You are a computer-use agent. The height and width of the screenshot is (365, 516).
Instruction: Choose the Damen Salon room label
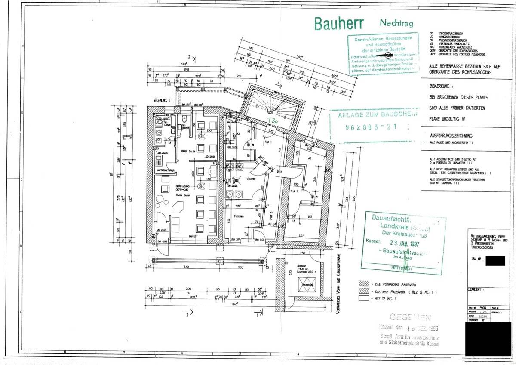[181, 195]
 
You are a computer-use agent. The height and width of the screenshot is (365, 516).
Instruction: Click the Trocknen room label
[240, 216]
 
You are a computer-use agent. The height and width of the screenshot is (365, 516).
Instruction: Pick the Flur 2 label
[294, 191]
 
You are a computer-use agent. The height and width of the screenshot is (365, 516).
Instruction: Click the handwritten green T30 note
[273, 121]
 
